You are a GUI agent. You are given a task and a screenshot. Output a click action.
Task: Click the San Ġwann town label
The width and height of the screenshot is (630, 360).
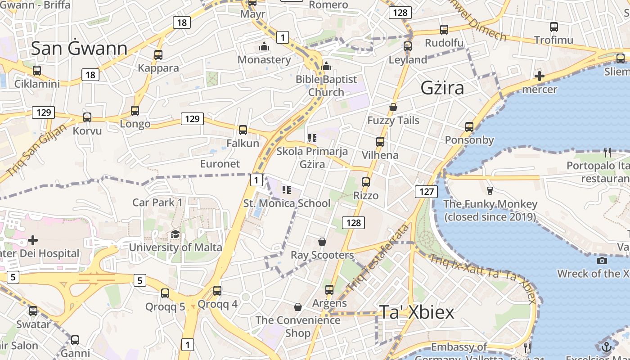tap(79, 49)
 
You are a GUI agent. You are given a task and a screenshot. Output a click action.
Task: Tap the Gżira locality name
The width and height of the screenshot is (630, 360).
tap(442, 88)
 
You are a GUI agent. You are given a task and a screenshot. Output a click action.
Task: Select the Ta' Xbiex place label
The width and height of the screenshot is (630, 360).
tap(416, 312)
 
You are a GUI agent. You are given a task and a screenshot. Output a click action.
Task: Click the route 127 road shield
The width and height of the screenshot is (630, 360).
tap(426, 192)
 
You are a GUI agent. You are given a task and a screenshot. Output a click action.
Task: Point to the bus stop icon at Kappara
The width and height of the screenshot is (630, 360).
tap(158, 55)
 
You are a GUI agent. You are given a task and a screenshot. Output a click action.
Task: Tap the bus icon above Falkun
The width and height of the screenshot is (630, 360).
tap(243, 130)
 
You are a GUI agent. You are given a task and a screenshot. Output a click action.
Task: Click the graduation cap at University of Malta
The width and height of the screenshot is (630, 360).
tap(175, 234)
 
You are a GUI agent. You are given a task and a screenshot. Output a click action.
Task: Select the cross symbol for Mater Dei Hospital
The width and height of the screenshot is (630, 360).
tap(33, 240)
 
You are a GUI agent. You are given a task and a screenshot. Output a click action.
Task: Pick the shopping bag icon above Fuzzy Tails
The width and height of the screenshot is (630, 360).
tap(393, 107)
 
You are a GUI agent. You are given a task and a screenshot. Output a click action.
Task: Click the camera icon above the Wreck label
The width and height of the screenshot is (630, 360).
tap(602, 261)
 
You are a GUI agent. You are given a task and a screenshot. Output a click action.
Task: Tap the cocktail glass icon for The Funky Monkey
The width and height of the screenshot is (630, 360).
tap(490, 191)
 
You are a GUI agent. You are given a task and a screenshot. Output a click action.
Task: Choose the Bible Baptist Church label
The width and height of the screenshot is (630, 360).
tap(326, 85)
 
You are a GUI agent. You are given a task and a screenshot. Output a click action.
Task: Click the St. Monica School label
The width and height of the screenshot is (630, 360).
tap(287, 203)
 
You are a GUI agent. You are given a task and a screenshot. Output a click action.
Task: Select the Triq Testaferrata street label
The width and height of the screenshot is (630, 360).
tap(378, 257)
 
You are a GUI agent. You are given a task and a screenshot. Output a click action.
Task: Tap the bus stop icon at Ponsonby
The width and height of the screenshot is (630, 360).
tap(469, 127)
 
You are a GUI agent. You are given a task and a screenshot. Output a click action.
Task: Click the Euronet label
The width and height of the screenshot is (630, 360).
tap(220, 164)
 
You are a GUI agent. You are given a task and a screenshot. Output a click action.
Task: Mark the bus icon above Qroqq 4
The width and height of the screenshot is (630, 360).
tap(217, 291)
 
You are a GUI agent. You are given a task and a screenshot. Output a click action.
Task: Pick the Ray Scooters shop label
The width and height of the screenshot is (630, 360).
tap(322, 255)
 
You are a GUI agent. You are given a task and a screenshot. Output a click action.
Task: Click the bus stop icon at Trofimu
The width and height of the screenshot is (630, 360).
tap(554, 27)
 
